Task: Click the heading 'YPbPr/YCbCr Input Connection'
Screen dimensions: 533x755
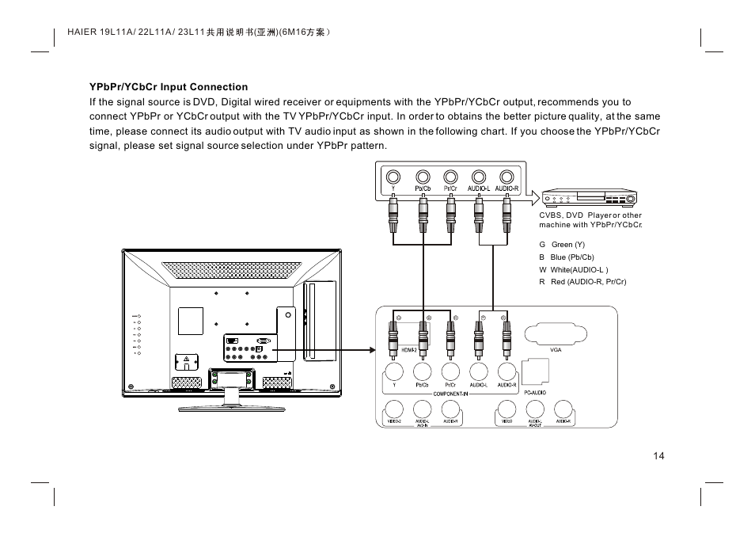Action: pyautogui.click(x=169, y=87)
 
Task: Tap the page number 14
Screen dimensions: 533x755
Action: pyautogui.click(x=659, y=455)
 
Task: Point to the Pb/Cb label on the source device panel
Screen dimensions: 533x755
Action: pyautogui.click(x=423, y=189)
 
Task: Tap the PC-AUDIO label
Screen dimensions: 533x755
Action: pyautogui.click(x=536, y=392)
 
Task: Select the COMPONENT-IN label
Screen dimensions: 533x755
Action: pyautogui.click(x=452, y=393)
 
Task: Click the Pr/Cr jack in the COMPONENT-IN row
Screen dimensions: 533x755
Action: pyautogui.click(x=450, y=370)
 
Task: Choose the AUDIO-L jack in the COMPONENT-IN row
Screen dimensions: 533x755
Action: pyautogui.click(x=479, y=370)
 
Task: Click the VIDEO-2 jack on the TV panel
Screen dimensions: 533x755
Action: pyautogui.click(x=393, y=409)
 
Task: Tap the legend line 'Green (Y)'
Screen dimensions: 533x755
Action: pyautogui.click(x=567, y=245)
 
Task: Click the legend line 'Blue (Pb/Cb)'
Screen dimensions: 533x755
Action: pyautogui.click(x=572, y=257)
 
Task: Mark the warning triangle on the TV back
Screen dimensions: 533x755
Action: pyautogui.click(x=186, y=360)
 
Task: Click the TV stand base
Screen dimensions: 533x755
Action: pyautogui.click(x=232, y=407)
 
